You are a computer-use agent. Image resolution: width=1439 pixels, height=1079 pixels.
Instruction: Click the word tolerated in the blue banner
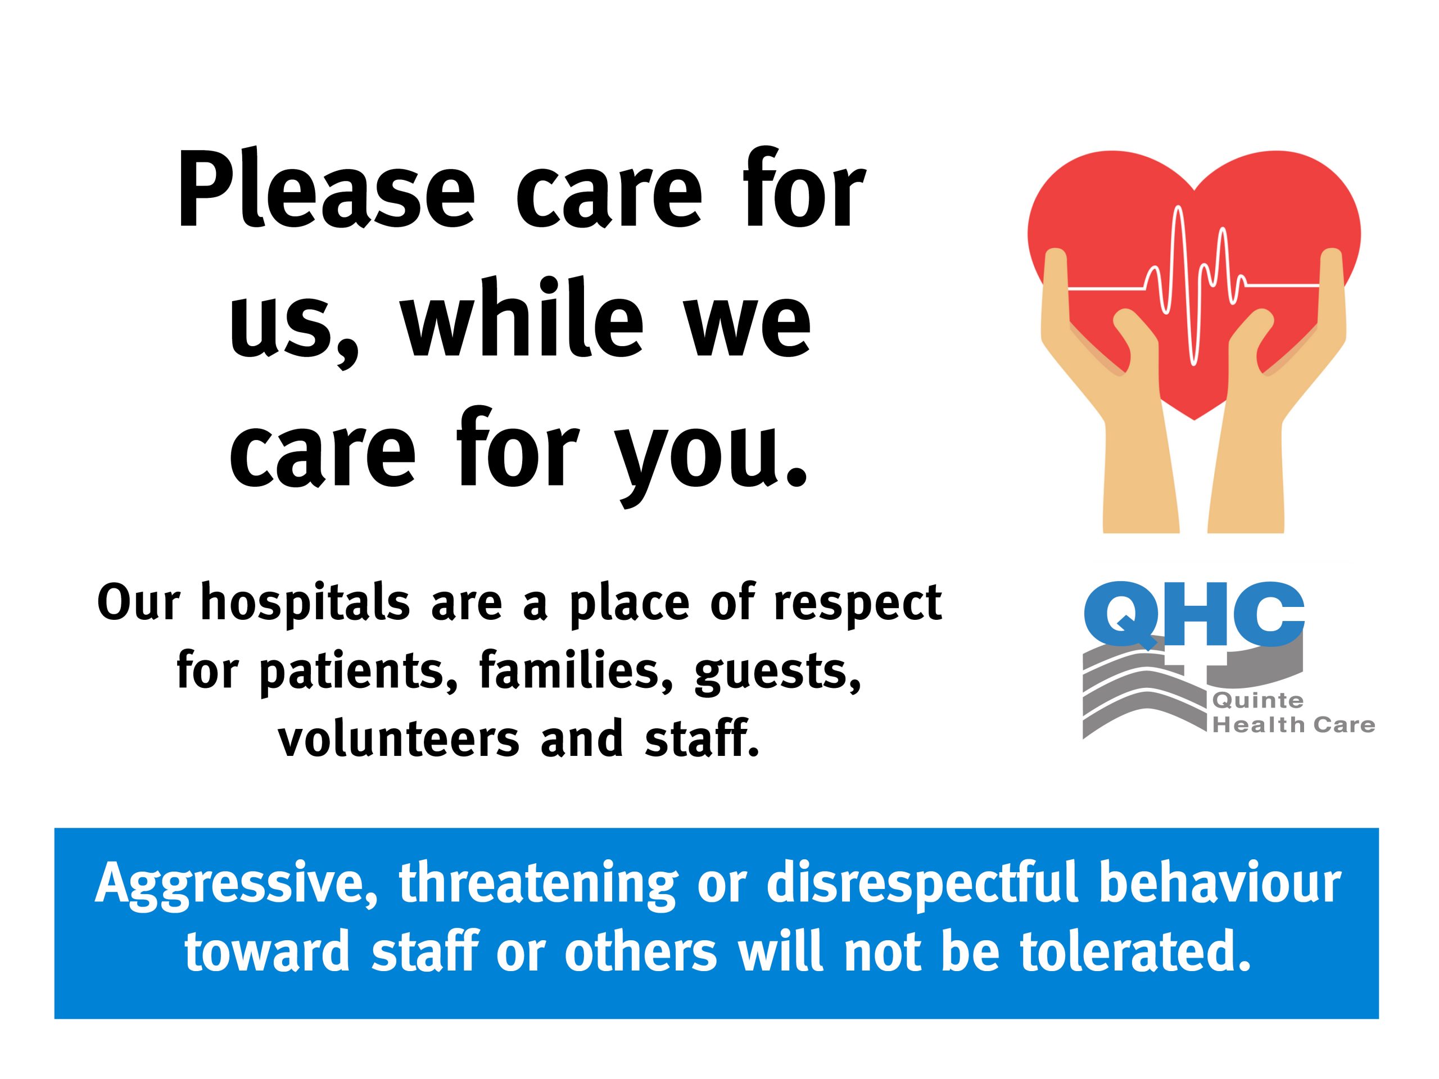1135,953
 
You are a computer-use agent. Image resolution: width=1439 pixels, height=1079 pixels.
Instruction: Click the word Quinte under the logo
1258,701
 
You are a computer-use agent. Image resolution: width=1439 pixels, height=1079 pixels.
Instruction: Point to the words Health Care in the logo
1293,725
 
